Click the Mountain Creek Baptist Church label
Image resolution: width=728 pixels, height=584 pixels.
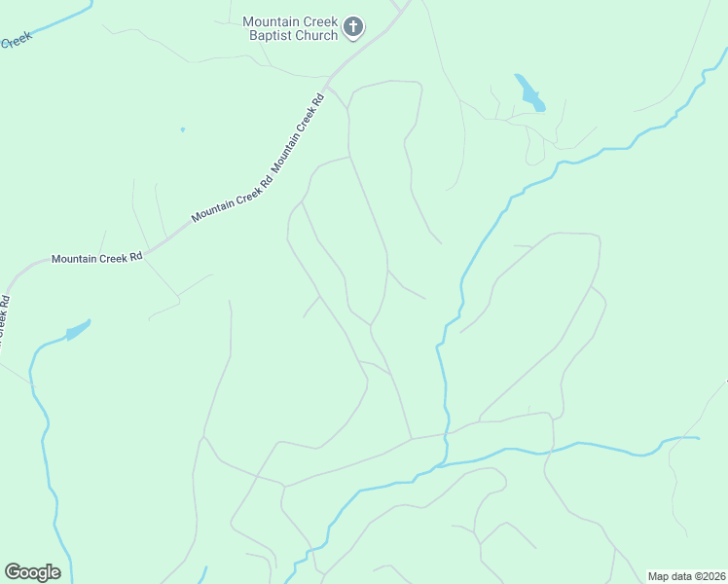tap(289, 28)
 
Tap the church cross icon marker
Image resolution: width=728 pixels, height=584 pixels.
tap(353, 27)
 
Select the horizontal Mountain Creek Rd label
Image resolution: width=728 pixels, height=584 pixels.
tap(97, 258)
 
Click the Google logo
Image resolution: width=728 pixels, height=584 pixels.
tap(32, 572)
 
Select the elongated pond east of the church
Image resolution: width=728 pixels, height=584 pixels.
tap(529, 93)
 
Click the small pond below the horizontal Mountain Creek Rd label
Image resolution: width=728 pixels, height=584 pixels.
tap(77, 332)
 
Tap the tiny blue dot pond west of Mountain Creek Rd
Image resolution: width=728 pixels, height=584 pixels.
tap(182, 128)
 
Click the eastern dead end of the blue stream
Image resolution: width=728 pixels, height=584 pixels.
tap(698, 438)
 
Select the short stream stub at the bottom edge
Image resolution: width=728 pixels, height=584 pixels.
tap(205, 575)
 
